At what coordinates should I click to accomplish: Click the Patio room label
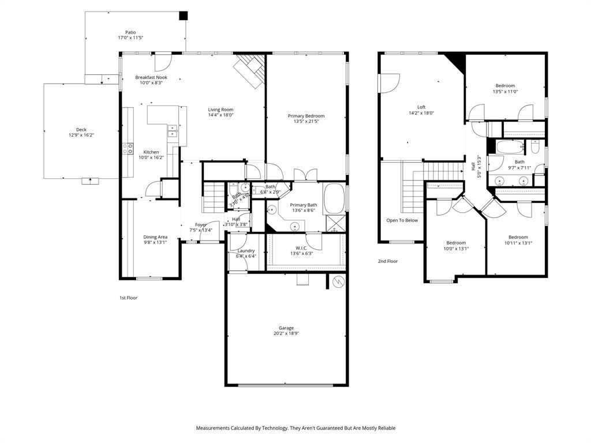pyautogui.click(x=131, y=32)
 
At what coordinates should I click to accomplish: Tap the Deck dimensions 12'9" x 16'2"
pyautogui.click(x=81, y=135)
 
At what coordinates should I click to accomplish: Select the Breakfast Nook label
pyautogui.click(x=151, y=77)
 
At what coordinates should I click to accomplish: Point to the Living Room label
pyautogui.click(x=220, y=110)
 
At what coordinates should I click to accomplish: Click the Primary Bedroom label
pyautogui.click(x=306, y=116)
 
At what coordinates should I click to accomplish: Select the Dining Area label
pyautogui.click(x=155, y=237)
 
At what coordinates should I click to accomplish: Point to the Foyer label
pyautogui.click(x=201, y=225)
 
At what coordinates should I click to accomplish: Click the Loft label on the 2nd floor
pyautogui.click(x=421, y=107)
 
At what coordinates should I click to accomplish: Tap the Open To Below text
pyautogui.click(x=402, y=220)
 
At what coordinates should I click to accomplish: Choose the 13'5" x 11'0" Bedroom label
pyautogui.click(x=505, y=86)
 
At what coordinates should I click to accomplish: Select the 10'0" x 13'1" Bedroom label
pyautogui.click(x=456, y=243)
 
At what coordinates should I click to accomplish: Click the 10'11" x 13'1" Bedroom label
pyautogui.click(x=518, y=237)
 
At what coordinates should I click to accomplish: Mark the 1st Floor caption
pyautogui.click(x=128, y=298)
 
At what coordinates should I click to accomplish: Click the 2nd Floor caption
pyautogui.click(x=388, y=261)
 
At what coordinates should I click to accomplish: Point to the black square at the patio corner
pyautogui.click(x=184, y=16)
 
